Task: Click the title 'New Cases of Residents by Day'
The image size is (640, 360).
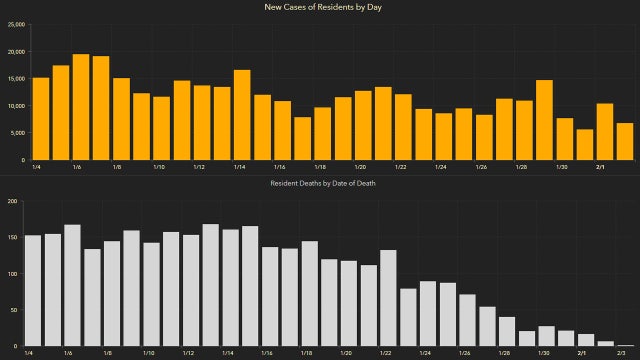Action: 320,8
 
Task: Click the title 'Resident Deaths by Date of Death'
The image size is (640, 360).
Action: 320,184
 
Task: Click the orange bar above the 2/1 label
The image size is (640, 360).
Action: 605,131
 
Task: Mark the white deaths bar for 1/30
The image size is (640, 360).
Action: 546,336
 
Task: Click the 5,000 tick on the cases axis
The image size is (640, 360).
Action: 16,133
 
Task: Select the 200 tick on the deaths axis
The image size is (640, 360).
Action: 13,201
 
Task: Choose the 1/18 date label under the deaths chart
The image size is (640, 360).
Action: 305,353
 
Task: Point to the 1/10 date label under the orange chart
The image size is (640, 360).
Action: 160,167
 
